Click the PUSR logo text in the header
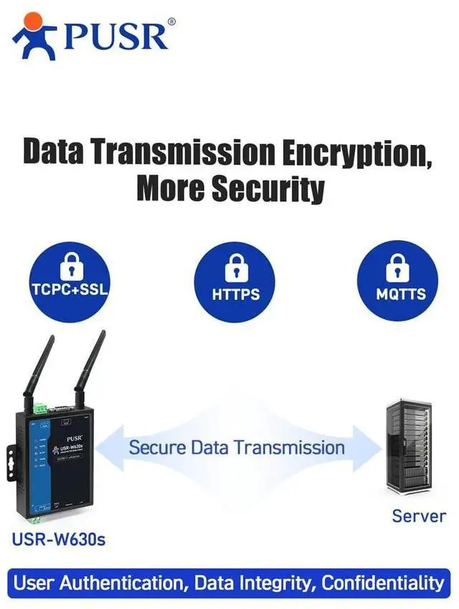pyautogui.click(x=116, y=36)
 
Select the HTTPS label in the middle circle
pyautogui.click(x=235, y=294)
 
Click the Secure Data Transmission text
pyautogui.click(x=237, y=448)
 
